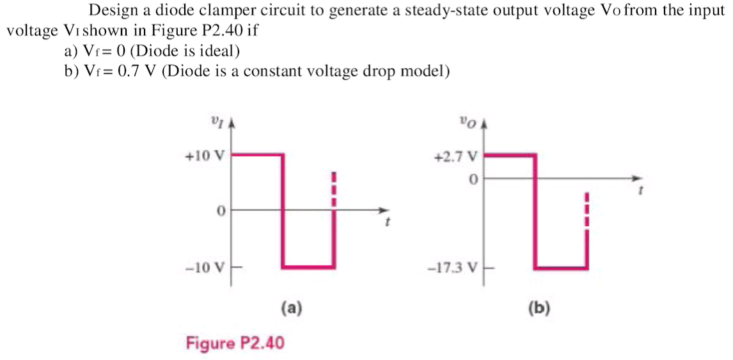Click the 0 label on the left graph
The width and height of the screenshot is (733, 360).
pos(219,210)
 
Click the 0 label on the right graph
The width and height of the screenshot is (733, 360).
pos(473,180)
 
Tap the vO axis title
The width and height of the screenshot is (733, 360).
pos(465,120)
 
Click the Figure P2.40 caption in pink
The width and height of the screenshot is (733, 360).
pos(235,343)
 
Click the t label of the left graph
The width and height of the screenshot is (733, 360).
pos(388,224)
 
